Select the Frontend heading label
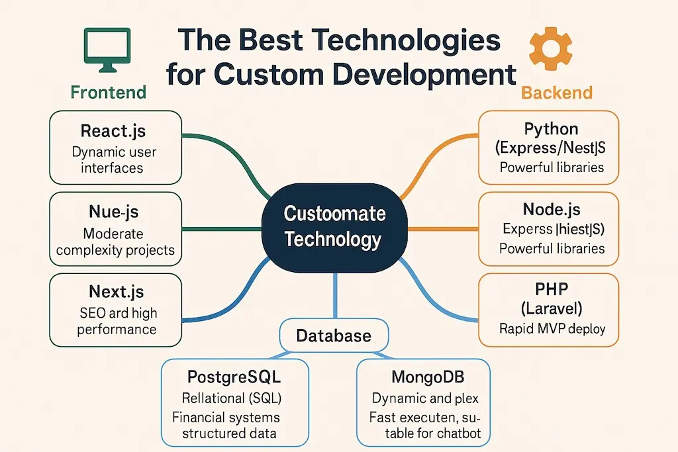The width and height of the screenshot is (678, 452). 108,93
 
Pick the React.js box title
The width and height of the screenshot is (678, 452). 113,130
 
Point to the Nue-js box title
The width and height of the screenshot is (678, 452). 113,212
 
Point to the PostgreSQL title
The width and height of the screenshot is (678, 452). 232,378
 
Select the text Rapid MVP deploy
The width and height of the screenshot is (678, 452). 552,328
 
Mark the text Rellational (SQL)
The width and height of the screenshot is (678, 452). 231,398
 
